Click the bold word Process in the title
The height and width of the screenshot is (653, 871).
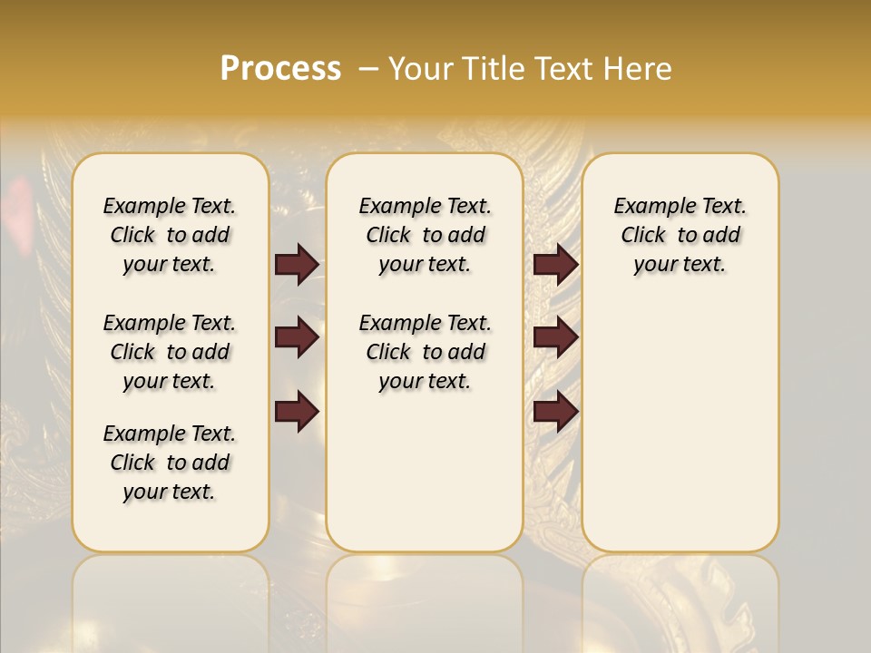280,69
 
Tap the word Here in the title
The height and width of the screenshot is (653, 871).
639,69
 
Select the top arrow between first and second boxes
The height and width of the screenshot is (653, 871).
297,265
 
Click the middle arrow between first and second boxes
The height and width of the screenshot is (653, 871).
297,338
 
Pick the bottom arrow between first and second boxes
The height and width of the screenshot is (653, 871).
297,410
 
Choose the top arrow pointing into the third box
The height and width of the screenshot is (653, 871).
555,265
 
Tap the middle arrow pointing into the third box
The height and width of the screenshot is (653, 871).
555,338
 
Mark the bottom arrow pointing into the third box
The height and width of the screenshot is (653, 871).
555,410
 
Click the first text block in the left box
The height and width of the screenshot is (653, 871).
170,235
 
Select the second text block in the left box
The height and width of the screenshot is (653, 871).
170,352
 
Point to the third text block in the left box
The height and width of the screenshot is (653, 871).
170,463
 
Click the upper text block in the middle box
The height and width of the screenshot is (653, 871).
425,235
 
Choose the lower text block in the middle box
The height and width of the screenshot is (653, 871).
425,352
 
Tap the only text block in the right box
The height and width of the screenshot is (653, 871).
680,235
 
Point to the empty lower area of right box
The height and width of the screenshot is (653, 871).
680,426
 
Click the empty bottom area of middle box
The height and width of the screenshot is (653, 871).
425,481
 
